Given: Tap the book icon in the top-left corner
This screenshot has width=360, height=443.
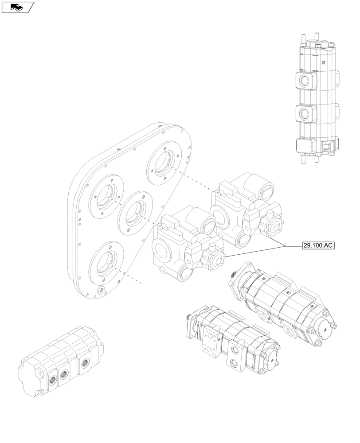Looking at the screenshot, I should click(x=17, y=7).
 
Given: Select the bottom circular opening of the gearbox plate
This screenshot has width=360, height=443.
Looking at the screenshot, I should click(x=107, y=263).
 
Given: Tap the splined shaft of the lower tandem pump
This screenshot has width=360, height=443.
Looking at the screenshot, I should click(x=190, y=317).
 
